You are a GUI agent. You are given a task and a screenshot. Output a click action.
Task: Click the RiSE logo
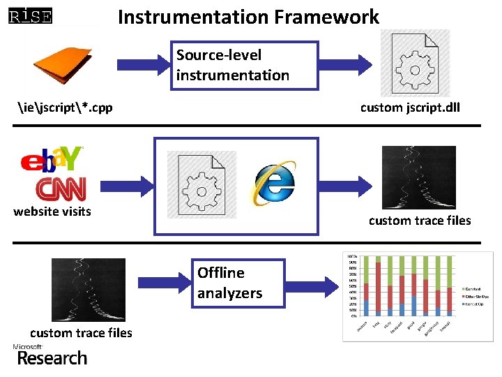[30, 15]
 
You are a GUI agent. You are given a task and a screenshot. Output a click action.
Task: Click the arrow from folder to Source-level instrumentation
[143, 64]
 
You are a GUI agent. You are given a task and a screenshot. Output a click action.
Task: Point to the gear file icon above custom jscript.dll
[415, 64]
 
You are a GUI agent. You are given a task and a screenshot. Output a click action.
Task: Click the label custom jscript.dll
[410, 108]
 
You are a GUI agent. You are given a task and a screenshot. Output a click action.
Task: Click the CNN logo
[61, 188]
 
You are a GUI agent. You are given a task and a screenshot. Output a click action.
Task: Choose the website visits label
[52, 212]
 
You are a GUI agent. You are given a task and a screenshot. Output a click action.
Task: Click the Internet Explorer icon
[274, 184]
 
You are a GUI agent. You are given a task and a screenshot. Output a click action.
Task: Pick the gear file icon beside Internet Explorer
[201, 184]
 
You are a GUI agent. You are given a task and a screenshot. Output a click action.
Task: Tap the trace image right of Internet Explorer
[419, 177]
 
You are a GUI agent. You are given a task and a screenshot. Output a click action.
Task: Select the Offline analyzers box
[239, 283]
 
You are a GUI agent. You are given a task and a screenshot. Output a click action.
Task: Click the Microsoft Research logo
[50, 355]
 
